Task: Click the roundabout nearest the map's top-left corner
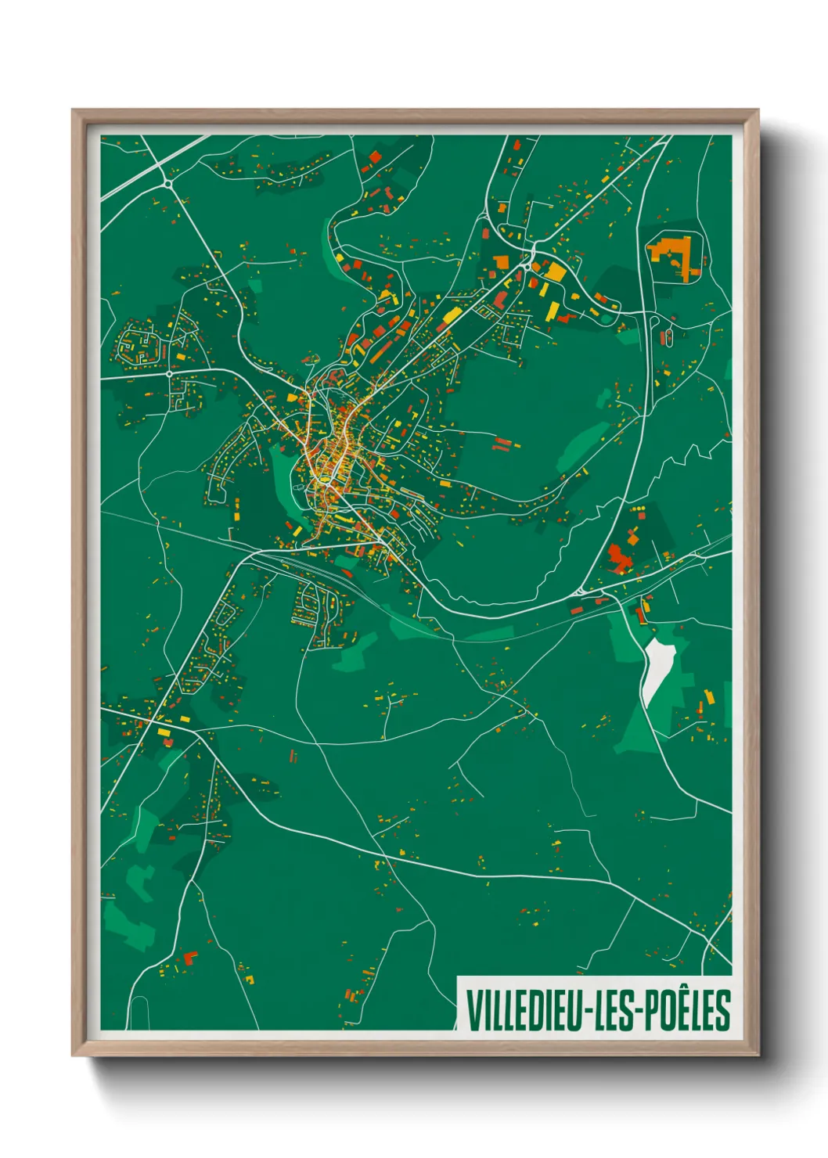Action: (x=168, y=183)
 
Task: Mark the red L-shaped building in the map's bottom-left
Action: (x=188, y=957)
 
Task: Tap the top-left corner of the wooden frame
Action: (x=74, y=111)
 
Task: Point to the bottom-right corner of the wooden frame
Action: (x=758, y=1055)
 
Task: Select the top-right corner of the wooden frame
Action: (x=758, y=111)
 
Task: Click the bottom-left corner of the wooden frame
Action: (x=74, y=1055)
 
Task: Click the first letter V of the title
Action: (x=474, y=1010)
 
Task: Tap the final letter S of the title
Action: (x=723, y=1010)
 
